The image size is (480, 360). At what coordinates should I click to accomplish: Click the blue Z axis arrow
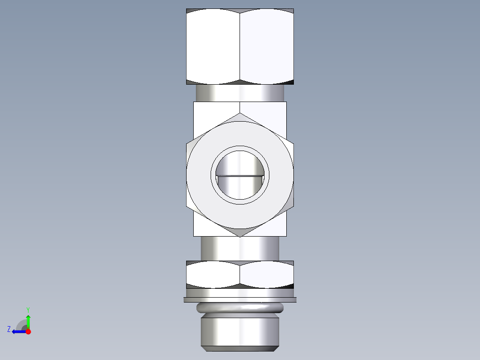(18, 331)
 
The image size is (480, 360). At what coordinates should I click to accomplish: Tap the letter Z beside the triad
(9, 329)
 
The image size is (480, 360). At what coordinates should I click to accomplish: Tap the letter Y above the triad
(28, 309)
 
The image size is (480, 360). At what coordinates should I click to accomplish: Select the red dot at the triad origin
(28, 331)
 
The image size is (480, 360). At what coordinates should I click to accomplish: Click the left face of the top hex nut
(213, 47)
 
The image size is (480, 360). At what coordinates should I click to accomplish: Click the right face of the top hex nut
(266, 47)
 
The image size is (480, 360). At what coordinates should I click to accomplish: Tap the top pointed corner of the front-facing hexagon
(240, 114)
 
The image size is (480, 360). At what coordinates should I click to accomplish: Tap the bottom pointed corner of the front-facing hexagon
(240, 236)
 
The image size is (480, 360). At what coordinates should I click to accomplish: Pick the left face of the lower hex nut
(213, 274)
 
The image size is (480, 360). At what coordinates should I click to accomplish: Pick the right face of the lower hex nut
(266, 274)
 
